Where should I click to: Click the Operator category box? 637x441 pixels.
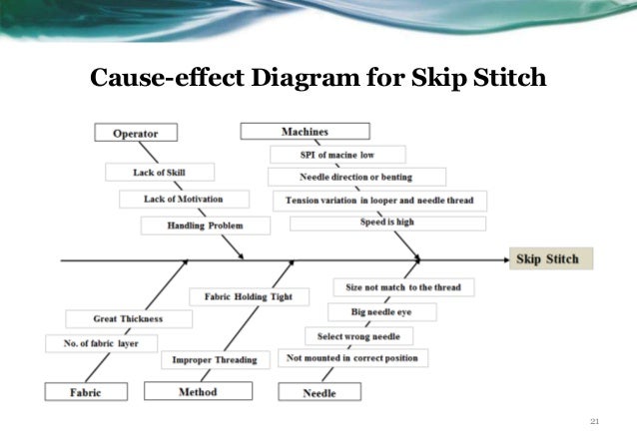(x=135, y=133)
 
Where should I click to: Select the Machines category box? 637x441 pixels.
(x=305, y=131)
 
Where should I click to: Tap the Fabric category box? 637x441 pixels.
(x=86, y=392)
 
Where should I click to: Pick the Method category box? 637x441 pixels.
(x=197, y=391)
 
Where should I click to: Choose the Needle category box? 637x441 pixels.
(x=318, y=392)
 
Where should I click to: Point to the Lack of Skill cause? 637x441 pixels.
(x=159, y=173)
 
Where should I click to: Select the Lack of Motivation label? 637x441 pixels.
(x=183, y=199)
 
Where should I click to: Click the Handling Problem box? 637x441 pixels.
(x=205, y=225)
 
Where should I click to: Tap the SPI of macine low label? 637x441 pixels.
(x=336, y=155)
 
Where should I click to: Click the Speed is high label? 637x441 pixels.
(x=386, y=222)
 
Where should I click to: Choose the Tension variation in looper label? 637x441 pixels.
(x=379, y=200)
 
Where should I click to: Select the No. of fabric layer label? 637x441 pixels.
(x=101, y=343)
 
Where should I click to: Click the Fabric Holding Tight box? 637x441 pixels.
(x=243, y=296)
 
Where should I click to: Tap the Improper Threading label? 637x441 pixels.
(x=214, y=359)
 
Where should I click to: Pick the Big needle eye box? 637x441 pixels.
(x=380, y=312)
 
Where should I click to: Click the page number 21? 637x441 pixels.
(x=595, y=422)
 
